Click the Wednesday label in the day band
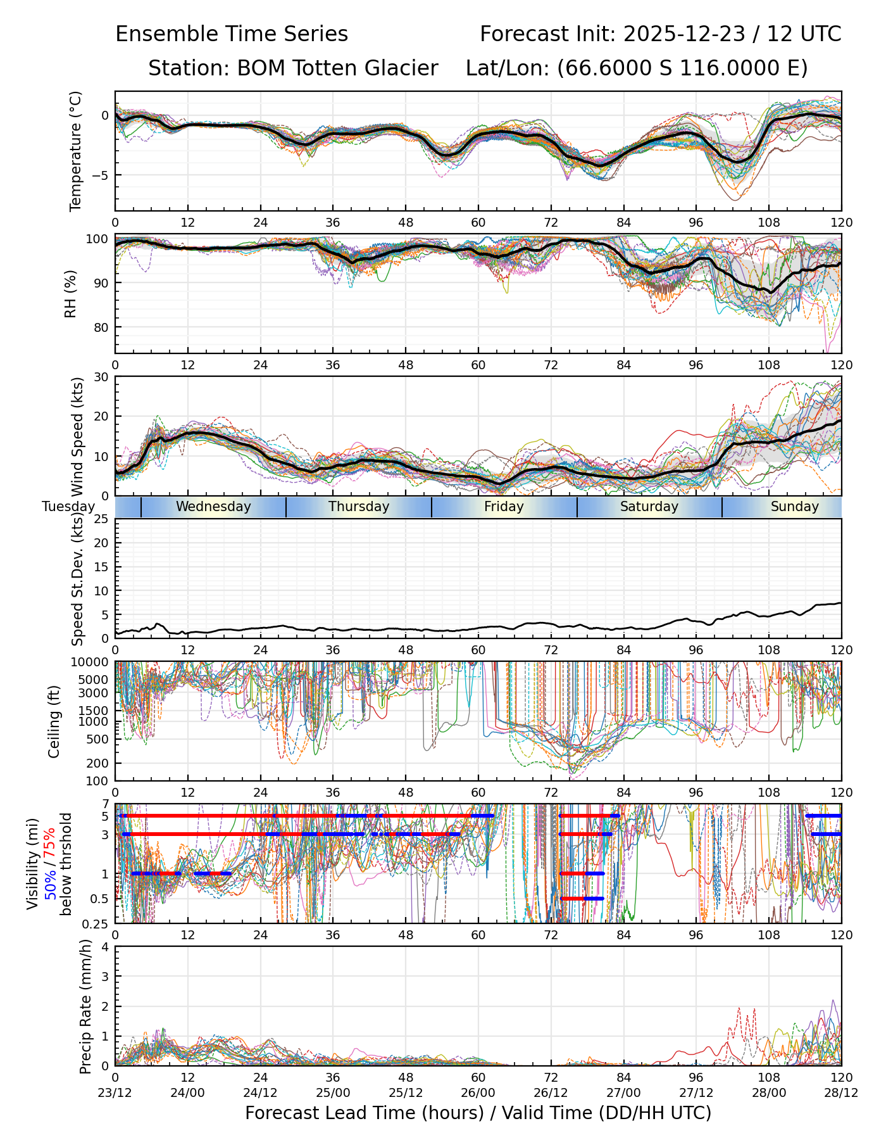(213, 507)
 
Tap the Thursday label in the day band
(359, 507)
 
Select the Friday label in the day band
(504, 507)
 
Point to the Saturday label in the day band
(649, 507)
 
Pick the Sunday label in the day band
(794, 507)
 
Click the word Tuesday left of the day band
(68, 507)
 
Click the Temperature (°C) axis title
(76, 151)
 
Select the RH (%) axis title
(70, 294)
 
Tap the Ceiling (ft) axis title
(54, 721)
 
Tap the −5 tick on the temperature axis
(101, 175)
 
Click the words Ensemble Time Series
(232, 34)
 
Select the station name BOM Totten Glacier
(337, 68)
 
